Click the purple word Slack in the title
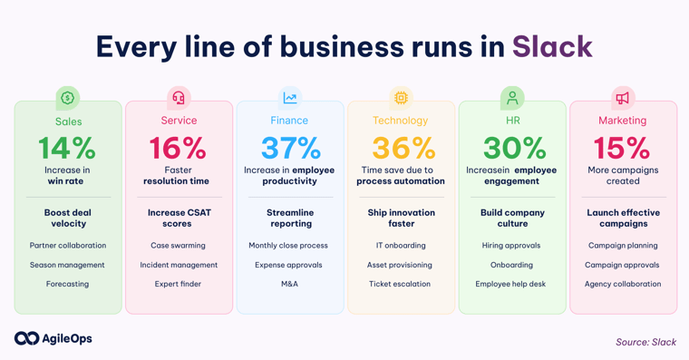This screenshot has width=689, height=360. pos(552,46)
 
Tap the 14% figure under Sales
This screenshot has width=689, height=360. pos(67,148)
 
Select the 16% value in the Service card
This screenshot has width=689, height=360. pos(178,148)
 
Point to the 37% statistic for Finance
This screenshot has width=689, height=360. pos(290,148)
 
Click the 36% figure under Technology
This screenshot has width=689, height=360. pos(401,148)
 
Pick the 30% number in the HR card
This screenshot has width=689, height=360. pos(512,148)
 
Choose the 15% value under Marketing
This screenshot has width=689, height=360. pos(622,148)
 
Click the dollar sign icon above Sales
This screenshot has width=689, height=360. pos(68,98)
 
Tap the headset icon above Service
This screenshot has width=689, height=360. pos(179,98)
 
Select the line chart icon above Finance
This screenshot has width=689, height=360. pos(290,98)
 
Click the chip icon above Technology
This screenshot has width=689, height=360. pos(401,98)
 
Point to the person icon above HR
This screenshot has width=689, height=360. pos(512,98)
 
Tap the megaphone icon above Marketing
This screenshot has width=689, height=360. pos(623,98)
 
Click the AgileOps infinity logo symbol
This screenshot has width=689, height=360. pos(26,338)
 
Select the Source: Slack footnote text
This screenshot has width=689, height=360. pos(645,342)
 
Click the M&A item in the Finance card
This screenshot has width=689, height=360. pos(289,284)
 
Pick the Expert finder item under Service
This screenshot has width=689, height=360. pos(178,284)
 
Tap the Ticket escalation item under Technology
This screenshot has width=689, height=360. pos(400,284)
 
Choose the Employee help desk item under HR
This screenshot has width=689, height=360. pos(511,284)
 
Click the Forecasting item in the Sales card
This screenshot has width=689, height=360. pos(67,284)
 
